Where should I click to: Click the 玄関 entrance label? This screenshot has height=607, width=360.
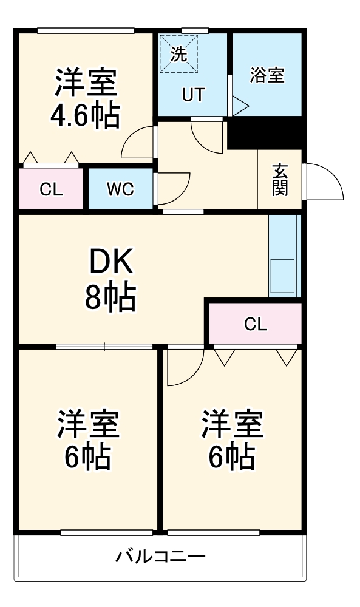280,180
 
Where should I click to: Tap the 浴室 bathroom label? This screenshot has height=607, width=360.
267,75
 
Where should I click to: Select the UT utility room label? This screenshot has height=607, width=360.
194,95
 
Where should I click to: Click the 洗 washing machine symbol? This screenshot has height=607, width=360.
178,54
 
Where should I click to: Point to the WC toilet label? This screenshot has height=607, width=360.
120,189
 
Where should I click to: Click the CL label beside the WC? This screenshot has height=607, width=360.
51,189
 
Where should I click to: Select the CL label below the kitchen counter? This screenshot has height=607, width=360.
256,324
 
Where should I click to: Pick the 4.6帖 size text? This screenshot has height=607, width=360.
85,115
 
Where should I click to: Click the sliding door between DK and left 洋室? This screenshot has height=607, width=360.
104,347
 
